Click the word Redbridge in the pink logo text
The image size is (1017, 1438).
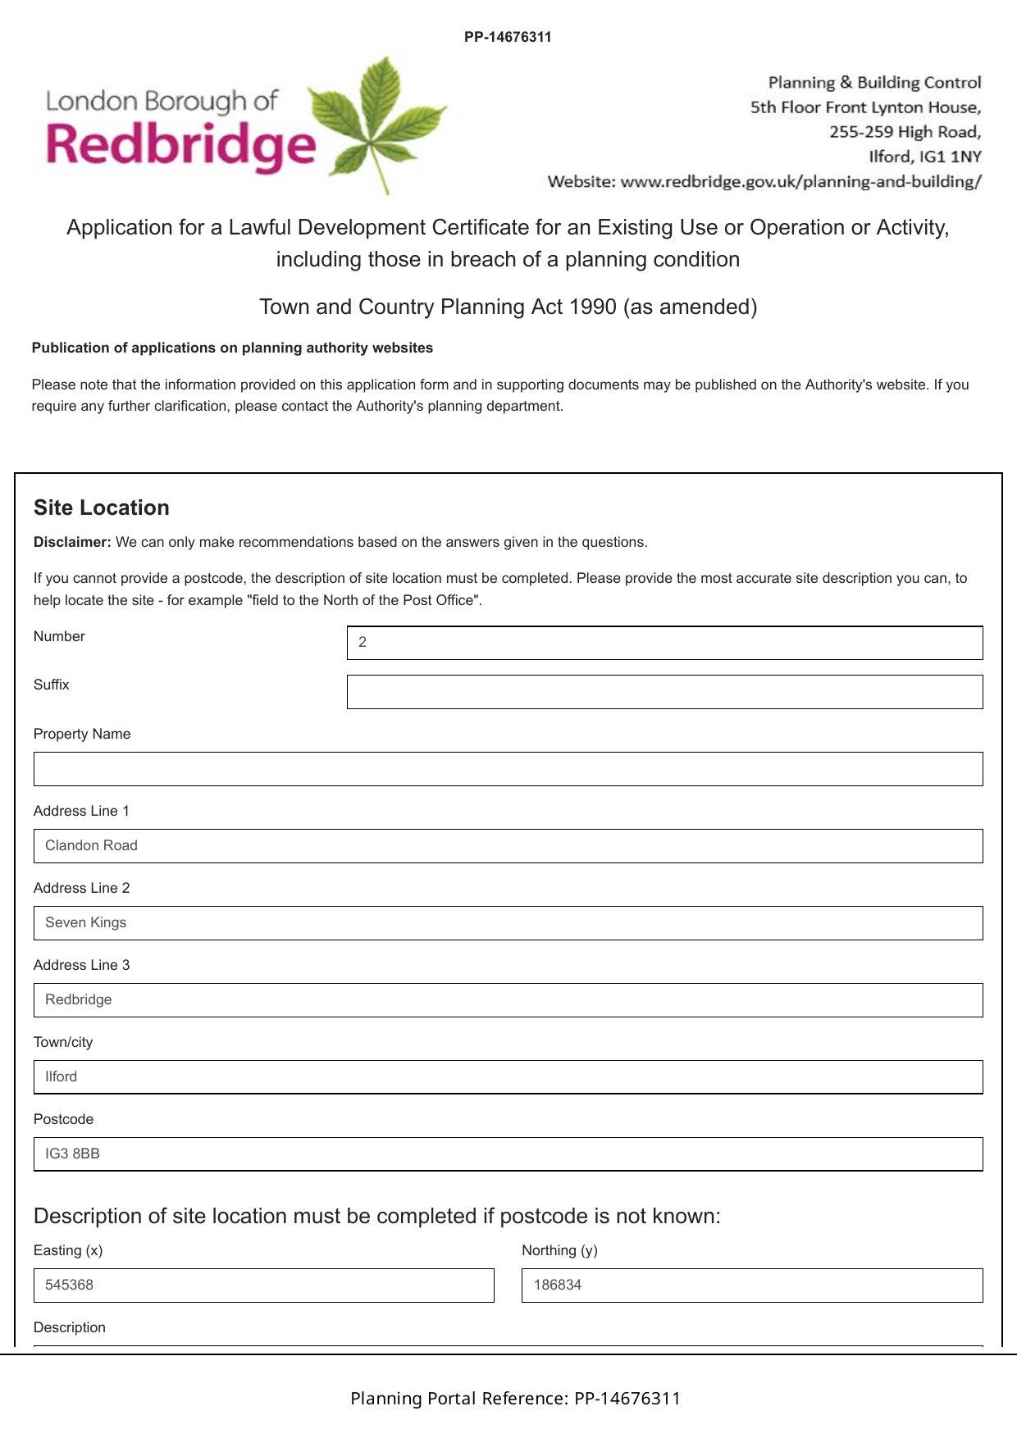[x=180, y=145]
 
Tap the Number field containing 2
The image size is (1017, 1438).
[x=664, y=643]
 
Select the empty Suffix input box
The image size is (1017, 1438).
[x=664, y=692]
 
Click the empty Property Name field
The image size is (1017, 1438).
[x=508, y=769]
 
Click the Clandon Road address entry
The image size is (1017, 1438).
[x=92, y=845]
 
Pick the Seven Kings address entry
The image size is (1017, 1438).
[x=86, y=922]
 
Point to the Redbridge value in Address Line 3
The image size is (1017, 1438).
[x=79, y=999]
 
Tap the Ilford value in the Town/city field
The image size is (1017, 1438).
[x=62, y=1076]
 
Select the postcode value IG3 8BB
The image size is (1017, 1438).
[x=73, y=1154]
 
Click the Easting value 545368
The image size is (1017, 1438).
[x=70, y=1285]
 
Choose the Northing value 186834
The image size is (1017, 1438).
[x=558, y=1285]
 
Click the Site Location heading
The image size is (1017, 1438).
[x=102, y=507]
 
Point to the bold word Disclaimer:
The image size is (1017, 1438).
[x=72, y=542]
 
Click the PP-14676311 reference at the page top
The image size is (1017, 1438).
[x=508, y=37]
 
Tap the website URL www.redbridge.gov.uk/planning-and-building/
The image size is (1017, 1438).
[x=800, y=181]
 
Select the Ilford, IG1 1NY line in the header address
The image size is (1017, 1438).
[x=924, y=157]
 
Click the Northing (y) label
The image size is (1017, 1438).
[x=559, y=1250]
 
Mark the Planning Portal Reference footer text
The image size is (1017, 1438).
[x=515, y=1398]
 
